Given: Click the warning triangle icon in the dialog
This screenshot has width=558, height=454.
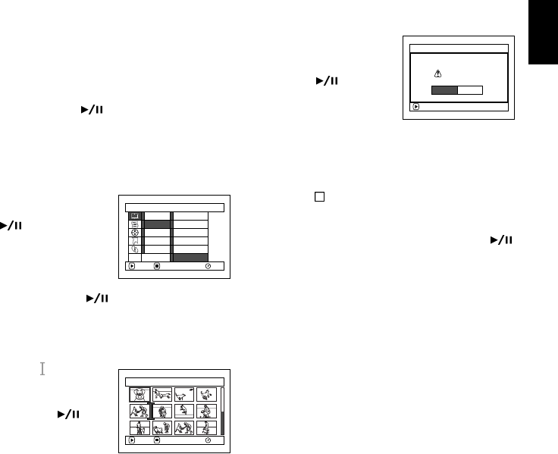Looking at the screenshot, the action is point(437,74).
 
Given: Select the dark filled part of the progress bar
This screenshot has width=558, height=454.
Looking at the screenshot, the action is point(444,90).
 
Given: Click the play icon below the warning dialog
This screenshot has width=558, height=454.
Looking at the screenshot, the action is point(415,107).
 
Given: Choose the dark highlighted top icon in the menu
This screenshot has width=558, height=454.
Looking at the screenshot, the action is point(134,215).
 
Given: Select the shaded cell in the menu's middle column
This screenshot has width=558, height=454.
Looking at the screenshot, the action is point(157,224).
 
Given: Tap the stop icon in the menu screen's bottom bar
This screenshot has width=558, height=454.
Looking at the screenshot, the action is point(156,267).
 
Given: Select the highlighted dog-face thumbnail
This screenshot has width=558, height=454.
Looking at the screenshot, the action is point(138,394).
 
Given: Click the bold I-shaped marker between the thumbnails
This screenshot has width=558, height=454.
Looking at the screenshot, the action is point(152,411).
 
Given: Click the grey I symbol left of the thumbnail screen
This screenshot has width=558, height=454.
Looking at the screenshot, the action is point(42,368).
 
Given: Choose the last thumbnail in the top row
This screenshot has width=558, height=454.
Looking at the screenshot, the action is point(206,394).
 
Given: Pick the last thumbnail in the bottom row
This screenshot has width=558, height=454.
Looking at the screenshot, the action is point(206,427).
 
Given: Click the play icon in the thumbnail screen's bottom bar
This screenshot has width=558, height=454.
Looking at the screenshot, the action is point(132,440).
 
